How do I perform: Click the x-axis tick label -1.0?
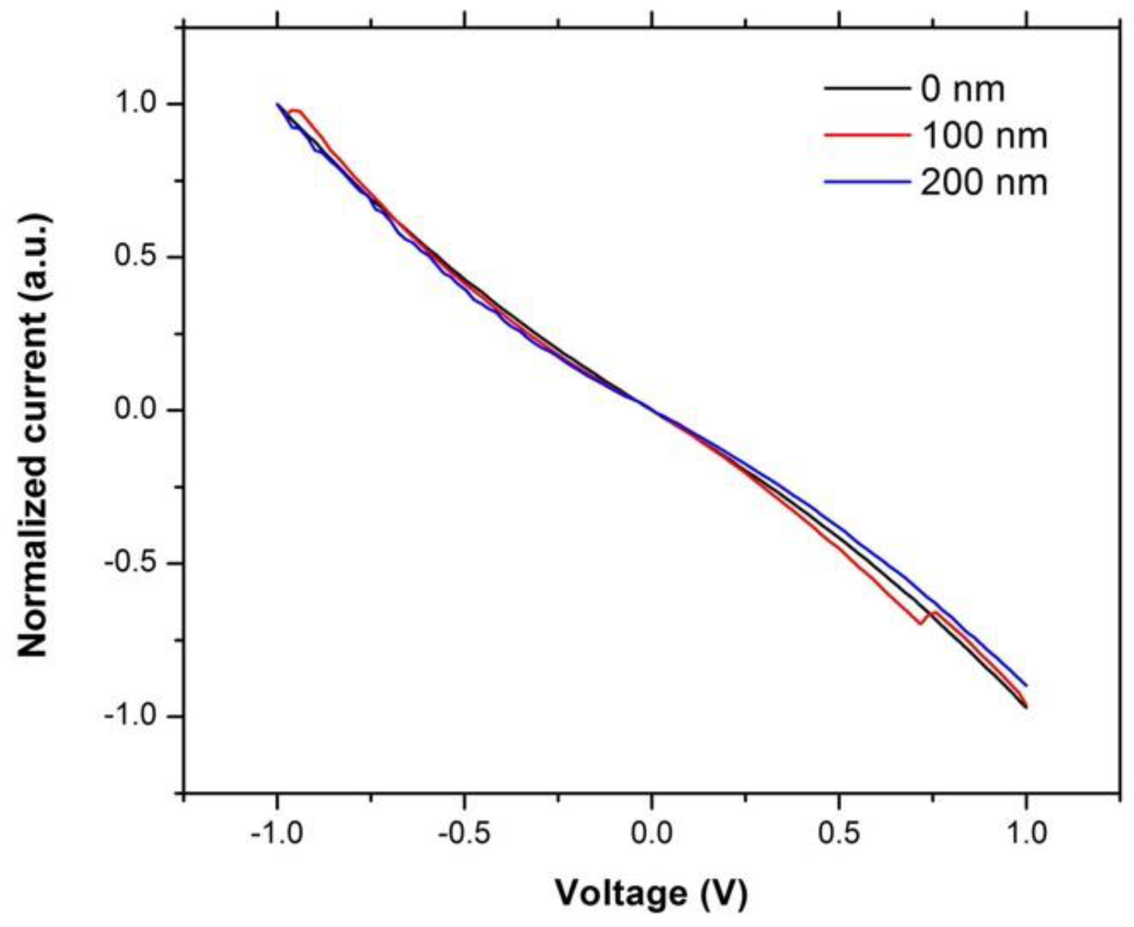coord(276,834)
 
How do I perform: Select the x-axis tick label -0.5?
coord(464,834)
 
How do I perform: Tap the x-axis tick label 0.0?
coord(652,834)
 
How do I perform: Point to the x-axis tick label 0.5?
coord(839,834)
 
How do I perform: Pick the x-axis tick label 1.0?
coord(1026,834)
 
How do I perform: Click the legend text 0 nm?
coord(962,90)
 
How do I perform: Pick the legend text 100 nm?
coord(984,136)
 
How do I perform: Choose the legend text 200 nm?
coord(984,183)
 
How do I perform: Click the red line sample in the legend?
coord(867,135)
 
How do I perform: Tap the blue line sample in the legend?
coord(867,182)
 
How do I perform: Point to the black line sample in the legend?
coord(867,88)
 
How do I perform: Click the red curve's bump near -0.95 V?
coord(296,111)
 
